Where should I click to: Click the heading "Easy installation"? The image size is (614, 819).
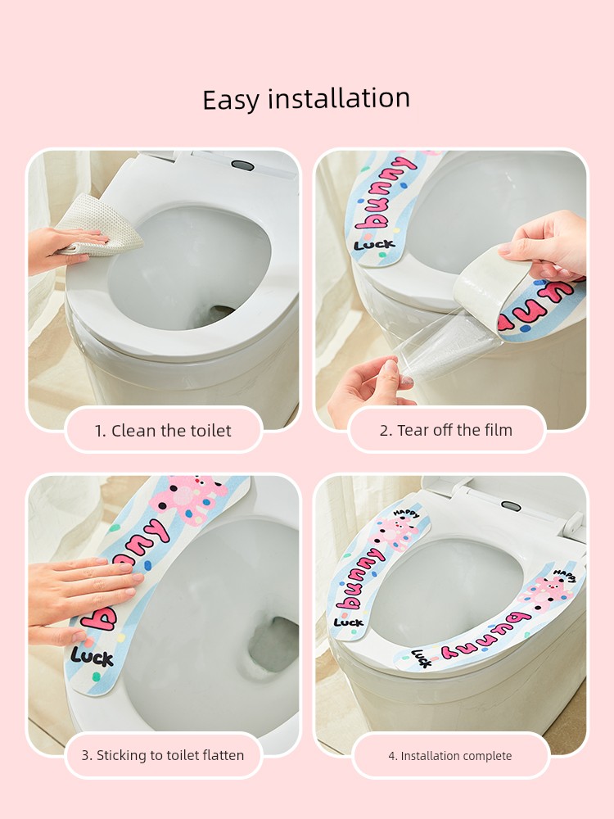coord(306,99)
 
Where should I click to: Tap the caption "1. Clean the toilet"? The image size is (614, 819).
coord(163,431)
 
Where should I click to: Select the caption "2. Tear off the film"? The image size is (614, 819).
coord(446,431)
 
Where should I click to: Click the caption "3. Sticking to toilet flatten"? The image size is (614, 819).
coord(163,755)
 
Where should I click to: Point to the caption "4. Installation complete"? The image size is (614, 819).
coord(450,756)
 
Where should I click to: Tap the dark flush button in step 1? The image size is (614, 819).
coord(243,165)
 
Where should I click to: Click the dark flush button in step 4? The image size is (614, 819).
coord(511,505)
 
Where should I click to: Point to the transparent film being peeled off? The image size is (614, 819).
coord(445,343)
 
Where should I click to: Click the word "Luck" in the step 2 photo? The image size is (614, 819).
coord(374,244)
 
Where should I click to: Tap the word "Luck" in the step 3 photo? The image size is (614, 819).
coord(92,657)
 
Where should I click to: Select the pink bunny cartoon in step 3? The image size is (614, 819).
coord(190,497)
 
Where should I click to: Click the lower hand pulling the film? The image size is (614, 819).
coord(370,388)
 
